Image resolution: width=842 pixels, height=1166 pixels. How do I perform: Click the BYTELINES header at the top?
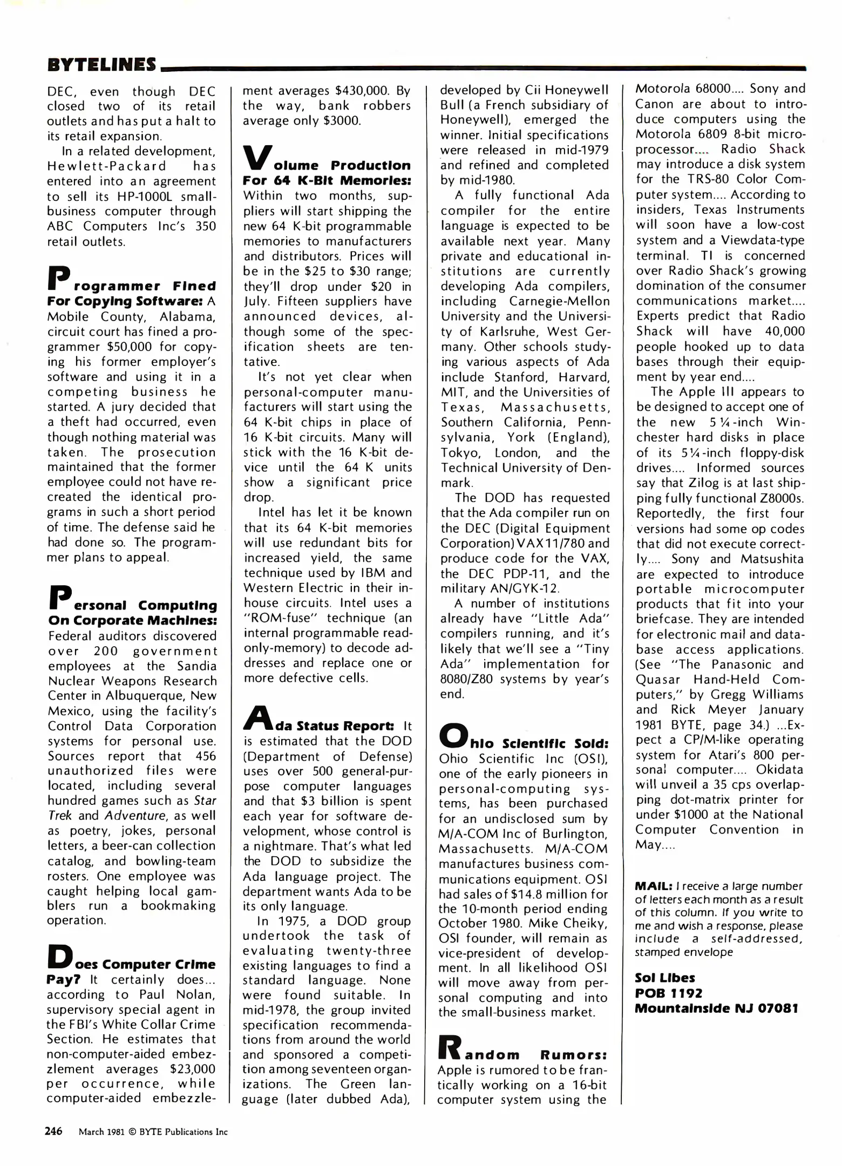point(102,65)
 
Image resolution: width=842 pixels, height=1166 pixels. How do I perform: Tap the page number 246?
point(53,1130)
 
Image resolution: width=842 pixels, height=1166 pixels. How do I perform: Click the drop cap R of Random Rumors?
point(451,1047)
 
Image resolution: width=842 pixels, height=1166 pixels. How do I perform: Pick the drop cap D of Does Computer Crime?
point(59,956)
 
